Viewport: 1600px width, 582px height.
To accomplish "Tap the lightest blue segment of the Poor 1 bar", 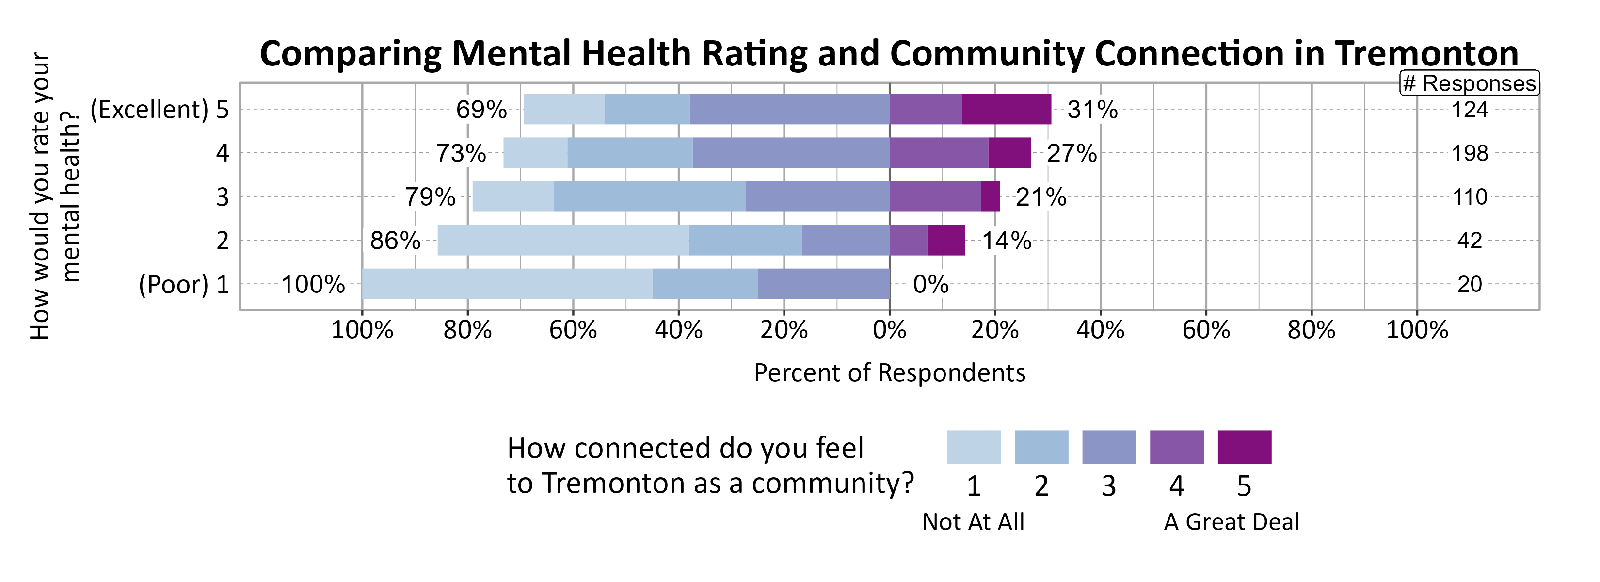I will point(507,284).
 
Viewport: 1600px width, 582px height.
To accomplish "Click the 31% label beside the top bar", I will point(1092,110).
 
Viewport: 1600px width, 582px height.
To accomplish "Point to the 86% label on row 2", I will point(395,241).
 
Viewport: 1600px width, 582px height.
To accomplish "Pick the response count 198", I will point(1469,153).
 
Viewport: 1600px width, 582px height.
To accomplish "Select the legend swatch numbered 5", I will point(1244,447).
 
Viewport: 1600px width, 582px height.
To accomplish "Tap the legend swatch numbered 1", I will point(973,447).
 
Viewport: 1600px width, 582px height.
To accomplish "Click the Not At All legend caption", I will point(973,522).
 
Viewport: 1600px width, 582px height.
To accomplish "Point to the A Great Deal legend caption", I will point(1231,522).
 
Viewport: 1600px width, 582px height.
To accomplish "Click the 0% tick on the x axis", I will point(889,330).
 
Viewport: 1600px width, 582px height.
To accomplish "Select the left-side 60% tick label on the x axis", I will point(573,330).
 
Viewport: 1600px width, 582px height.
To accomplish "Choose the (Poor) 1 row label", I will point(184,285).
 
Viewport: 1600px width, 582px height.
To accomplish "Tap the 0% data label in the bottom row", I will point(930,285).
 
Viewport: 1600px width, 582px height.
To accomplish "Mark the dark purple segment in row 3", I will point(990,197).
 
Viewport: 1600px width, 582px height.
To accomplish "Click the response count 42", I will point(1469,241).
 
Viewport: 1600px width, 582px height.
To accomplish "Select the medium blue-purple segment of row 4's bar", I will point(791,153).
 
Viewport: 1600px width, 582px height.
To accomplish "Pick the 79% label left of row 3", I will point(430,197).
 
